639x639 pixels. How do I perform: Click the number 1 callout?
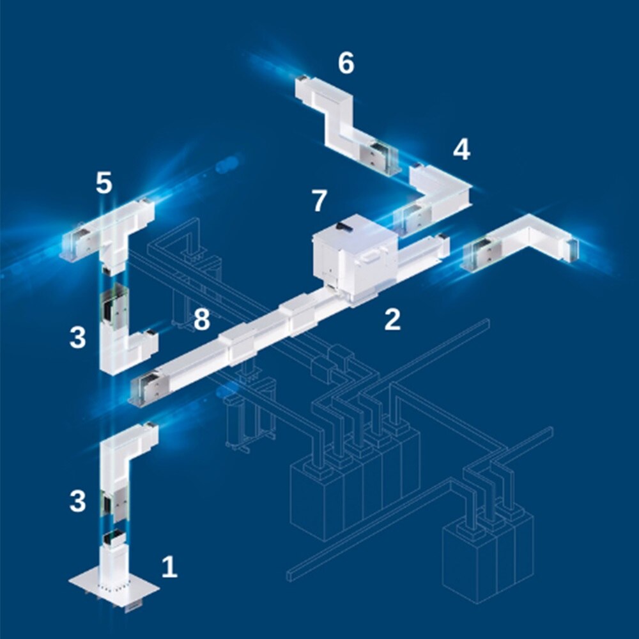point(169,567)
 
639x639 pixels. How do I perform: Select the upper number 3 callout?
point(78,337)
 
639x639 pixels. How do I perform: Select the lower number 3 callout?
point(78,501)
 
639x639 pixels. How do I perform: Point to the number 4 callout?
point(462,149)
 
